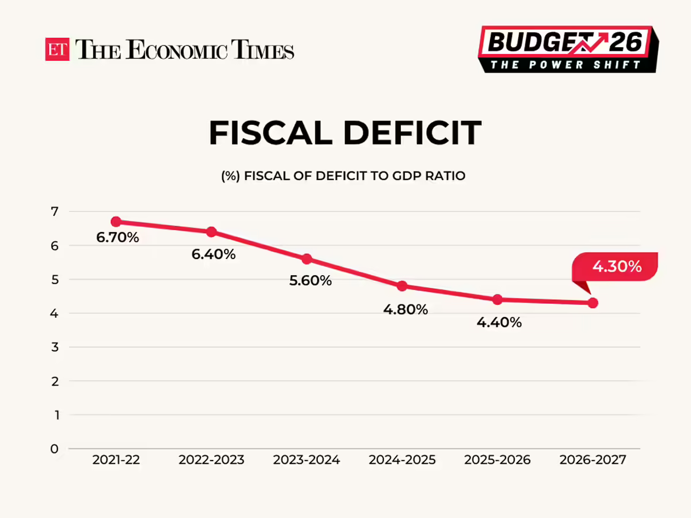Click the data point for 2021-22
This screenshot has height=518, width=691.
[116, 222]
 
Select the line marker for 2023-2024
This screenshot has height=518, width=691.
[306, 259]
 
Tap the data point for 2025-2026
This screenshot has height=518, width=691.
[498, 299]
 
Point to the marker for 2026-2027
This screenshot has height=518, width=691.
[593, 303]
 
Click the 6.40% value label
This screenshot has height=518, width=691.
[214, 254]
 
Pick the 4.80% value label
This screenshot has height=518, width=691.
[405, 310]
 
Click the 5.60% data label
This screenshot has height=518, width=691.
[310, 281]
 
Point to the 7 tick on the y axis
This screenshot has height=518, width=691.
[54, 212]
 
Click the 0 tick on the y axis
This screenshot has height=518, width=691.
[54, 449]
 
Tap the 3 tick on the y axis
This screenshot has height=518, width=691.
[54, 347]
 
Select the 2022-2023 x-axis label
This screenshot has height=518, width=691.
[211, 460]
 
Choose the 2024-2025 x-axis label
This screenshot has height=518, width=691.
[402, 460]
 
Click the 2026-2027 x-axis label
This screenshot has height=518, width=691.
[593, 460]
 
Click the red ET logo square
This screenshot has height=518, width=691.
[57, 49]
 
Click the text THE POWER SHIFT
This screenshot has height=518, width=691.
[566, 64]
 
